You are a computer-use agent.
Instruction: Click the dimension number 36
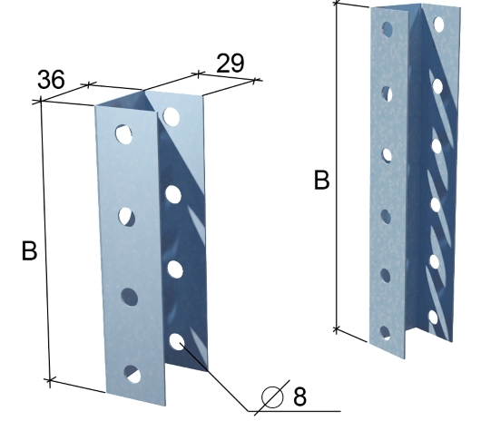tap(51, 80)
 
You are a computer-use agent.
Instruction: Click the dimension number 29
tap(231, 64)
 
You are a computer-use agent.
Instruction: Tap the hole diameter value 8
tap(299, 397)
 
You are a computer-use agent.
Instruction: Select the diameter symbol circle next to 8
tap(272, 397)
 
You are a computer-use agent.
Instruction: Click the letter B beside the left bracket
tap(29, 250)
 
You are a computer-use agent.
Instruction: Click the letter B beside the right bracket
tap(322, 180)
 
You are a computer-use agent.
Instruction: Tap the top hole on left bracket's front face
tap(124, 134)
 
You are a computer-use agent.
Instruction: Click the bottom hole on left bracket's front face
tap(133, 374)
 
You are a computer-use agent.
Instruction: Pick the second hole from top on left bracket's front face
tap(127, 217)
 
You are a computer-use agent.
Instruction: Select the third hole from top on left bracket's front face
tap(129, 297)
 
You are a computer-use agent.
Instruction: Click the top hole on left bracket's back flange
tap(172, 116)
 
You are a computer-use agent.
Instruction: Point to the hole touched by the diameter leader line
tap(177, 341)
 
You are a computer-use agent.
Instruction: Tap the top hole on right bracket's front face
tap(388, 29)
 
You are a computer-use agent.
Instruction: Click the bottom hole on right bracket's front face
tap(385, 333)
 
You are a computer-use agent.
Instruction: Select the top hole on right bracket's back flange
tap(439, 24)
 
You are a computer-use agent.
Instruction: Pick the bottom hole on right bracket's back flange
tap(433, 318)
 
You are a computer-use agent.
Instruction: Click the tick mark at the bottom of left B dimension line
tap(49, 380)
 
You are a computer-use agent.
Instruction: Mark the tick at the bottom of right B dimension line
tap(337, 329)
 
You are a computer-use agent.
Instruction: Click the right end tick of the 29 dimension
tap(255, 81)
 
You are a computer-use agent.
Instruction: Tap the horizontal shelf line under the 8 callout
tap(294, 411)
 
